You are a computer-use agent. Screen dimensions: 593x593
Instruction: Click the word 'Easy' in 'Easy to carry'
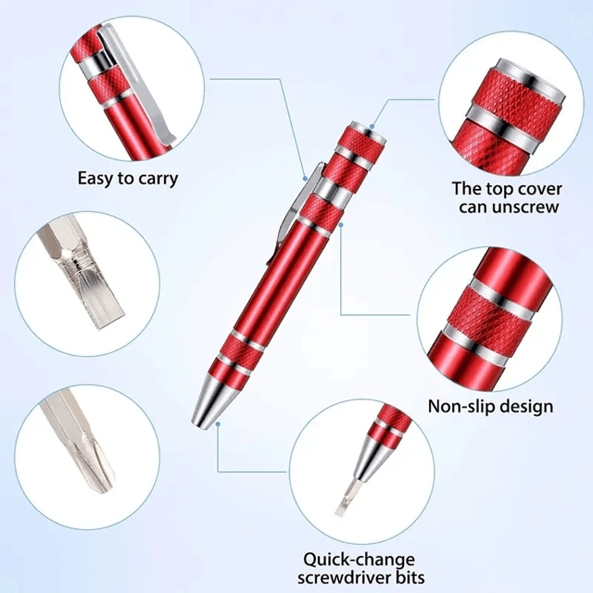pos(97,178)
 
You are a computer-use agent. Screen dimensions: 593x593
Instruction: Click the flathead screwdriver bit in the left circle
pos(89,279)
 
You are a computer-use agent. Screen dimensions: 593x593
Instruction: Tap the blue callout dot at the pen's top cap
pos(372,126)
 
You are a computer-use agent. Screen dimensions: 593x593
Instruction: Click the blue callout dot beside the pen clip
pos(304,177)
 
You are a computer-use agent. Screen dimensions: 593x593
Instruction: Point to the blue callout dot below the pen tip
pos(218,424)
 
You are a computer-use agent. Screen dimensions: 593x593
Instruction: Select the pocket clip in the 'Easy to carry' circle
pos(142,89)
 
